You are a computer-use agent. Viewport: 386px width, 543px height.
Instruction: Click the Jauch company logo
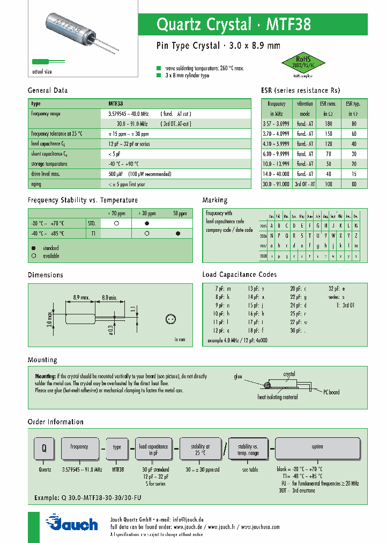click(x=71, y=523)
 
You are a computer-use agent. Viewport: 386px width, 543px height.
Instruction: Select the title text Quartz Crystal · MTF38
click(x=233, y=25)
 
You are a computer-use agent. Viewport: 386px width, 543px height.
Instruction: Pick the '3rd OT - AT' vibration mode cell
click(x=305, y=184)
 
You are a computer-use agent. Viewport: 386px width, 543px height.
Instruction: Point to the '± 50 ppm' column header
click(x=177, y=214)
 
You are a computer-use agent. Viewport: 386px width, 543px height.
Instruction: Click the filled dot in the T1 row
click(x=178, y=233)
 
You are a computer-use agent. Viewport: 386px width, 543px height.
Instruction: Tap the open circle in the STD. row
click(x=116, y=223)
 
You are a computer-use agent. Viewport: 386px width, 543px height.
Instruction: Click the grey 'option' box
click(x=317, y=447)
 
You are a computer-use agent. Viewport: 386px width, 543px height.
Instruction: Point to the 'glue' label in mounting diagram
click(x=238, y=377)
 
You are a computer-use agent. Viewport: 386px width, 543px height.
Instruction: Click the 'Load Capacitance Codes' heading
click(x=239, y=275)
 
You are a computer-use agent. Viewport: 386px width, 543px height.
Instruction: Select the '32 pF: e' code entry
click(x=337, y=289)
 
